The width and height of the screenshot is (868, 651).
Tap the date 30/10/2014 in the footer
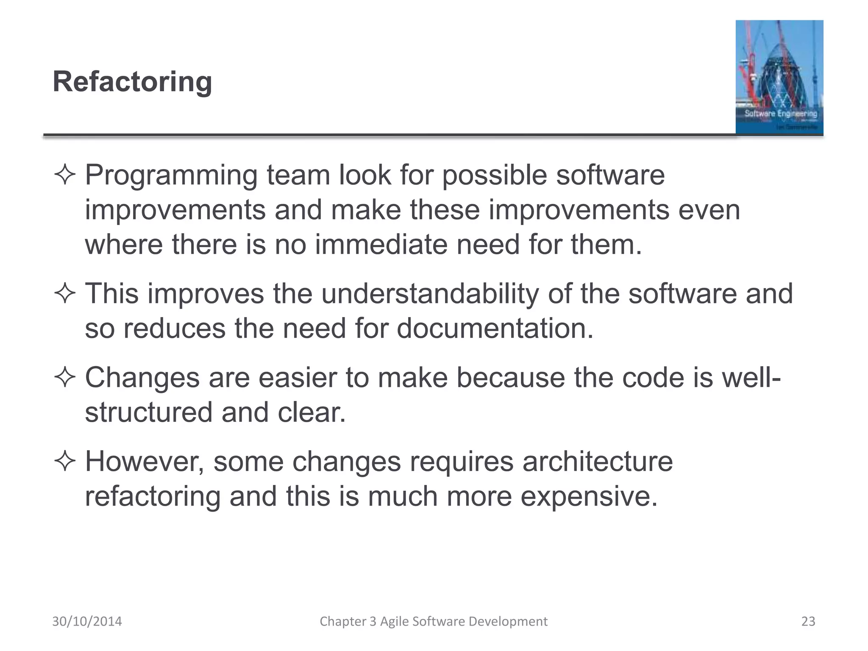tap(87, 621)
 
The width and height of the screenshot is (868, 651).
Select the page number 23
tap(808, 621)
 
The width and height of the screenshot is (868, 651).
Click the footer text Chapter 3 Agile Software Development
tap(434, 621)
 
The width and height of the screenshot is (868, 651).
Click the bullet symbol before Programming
tap(65, 175)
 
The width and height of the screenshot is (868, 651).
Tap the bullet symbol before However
tap(65, 462)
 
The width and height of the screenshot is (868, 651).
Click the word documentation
tap(495, 328)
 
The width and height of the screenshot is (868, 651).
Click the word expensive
tap(589, 496)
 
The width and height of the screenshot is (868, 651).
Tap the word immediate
tap(381, 245)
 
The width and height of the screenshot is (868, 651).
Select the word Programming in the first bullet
tap(171, 176)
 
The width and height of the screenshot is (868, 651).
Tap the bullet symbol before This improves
tap(65, 294)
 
